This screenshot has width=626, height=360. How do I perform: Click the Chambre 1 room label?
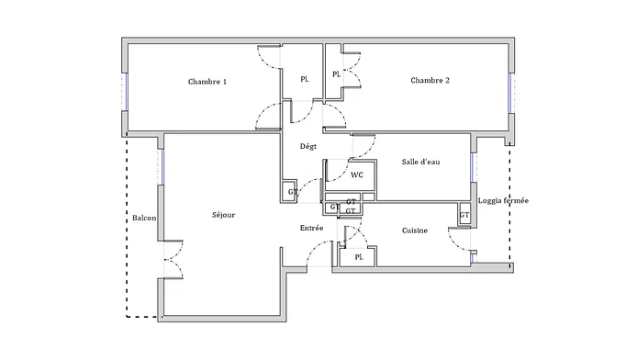click(x=207, y=82)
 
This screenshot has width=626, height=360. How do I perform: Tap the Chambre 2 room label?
click(x=430, y=80)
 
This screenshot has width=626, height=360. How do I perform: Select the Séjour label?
click(x=224, y=215)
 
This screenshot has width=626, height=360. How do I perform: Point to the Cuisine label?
click(x=414, y=231)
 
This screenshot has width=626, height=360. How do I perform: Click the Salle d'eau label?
click(x=420, y=162)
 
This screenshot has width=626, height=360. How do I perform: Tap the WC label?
click(x=357, y=175)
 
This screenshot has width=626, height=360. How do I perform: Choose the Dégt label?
click(x=307, y=147)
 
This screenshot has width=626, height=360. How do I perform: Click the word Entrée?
click(x=311, y=228)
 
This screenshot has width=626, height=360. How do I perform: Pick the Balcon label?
click(x=144, y=219)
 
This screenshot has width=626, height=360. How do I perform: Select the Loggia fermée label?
click(x=503, y=200)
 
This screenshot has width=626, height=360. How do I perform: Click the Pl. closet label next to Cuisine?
click(x=359, y=257)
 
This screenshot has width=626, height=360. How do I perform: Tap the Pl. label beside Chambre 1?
click(x=304, y=80)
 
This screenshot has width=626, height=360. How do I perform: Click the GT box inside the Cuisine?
click(x=464, y=215)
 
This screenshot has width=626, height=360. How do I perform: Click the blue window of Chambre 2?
click(x=509, y=93)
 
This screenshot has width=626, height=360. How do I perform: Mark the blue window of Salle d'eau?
click(x=472, y=167)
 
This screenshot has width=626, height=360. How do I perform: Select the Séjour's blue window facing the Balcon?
click(x=162, y=167)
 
